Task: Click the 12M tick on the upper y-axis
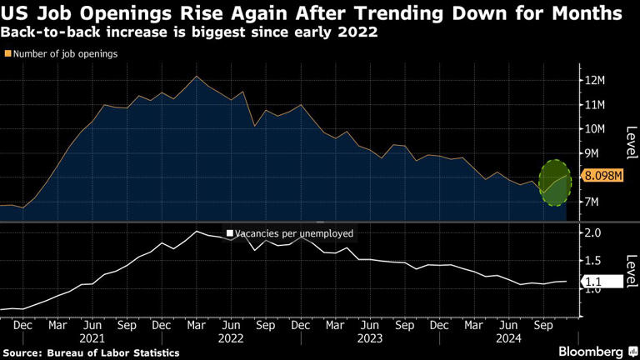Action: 595,81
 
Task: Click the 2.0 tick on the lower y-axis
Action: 592,233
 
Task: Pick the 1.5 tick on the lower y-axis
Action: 592,262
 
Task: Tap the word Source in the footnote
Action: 22,353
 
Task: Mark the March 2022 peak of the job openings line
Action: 196,77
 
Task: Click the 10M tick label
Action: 594,129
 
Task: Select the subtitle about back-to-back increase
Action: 189,33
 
